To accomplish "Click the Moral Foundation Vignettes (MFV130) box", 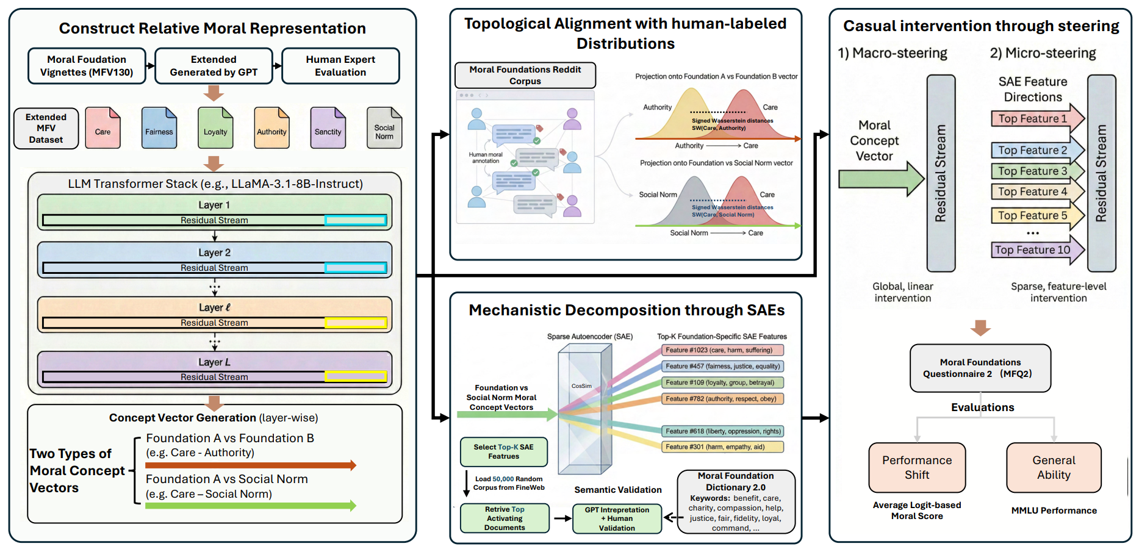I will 87,66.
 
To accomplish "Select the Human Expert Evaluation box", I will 340,66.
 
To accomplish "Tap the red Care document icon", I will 102,129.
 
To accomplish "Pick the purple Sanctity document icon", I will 328,129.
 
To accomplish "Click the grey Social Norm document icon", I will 384,129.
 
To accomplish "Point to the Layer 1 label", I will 214,205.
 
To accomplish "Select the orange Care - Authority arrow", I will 250,465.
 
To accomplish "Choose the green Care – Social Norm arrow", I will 250,506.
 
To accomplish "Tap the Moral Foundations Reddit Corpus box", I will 525,75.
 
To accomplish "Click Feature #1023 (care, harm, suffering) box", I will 722,350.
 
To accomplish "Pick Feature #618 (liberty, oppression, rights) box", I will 722,431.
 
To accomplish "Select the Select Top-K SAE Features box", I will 503,452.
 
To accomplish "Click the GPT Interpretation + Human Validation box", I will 617,519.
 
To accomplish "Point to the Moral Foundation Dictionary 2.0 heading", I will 736,481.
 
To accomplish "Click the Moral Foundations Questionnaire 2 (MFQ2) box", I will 980,368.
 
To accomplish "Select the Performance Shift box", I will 917,468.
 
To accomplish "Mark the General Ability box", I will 1054,468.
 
